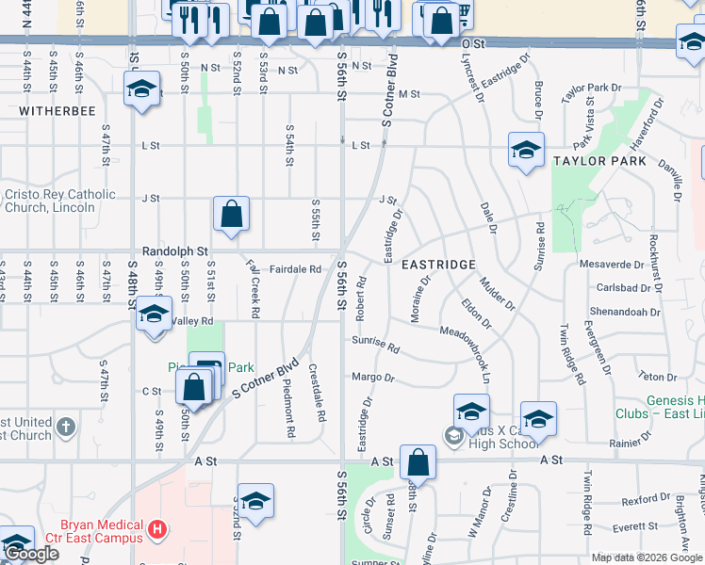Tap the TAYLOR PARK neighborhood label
pyautogui.click(x=599, y=161)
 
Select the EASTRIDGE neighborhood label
pyautogui.click(x=438, y=265)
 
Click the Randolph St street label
pyautogui.click(x=174, y=252)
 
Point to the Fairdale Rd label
pyautogui.click(x=296, y=269)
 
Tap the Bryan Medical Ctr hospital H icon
pyautogui.click(x=156, y=530)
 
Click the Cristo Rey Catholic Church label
pyautogui.click(x=58, y=201)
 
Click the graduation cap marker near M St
pyautogui.click(x=141, y=90)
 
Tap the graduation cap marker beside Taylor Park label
pyautogui.click(x=526, y=150)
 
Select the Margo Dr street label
pyautogui.click(x=373, y=378)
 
